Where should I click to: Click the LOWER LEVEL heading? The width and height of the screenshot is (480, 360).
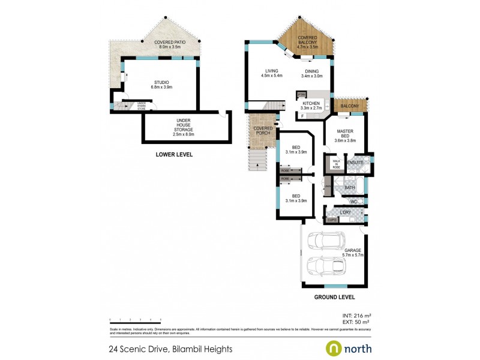pyautogui.click(x=174, y=155)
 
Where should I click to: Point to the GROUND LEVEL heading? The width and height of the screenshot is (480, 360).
pyautogui.click(x=335, y=296)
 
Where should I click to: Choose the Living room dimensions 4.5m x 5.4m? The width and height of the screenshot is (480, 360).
pyautogui.click(x=271, y=76)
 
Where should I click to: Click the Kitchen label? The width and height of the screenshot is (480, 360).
pyautogui.click(x=311, y=104)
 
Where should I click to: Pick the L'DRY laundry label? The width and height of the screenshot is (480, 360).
pyautogui.click(x=345, y=212)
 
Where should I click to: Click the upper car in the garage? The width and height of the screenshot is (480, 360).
pyautogui.click(x=323, y=241)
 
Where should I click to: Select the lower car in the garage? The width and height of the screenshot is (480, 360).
pyautogui.click(x=323, y=265)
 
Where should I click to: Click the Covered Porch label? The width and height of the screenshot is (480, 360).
pyautogui.click(x=263, y=130)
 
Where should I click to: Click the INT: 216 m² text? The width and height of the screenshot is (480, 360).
pyautogui.click(x=356, y=315)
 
